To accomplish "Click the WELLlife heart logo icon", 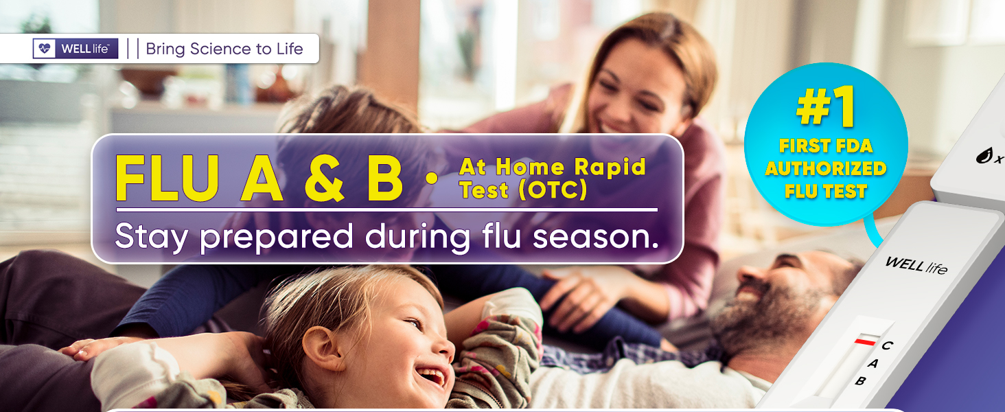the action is [45, 49].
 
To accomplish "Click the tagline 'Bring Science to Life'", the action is [224, 49].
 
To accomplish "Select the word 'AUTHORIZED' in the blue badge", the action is [826, 168].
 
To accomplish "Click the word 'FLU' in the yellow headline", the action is [167, 178].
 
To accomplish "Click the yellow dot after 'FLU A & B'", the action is [432, 178].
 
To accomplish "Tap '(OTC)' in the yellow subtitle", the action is [553, 190].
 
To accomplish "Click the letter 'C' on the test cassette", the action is [887, 345].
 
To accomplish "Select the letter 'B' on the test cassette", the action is [860, 381].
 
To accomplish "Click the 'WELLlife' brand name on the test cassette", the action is [916, 265].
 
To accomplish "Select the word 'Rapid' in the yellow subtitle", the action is [610, 167].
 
